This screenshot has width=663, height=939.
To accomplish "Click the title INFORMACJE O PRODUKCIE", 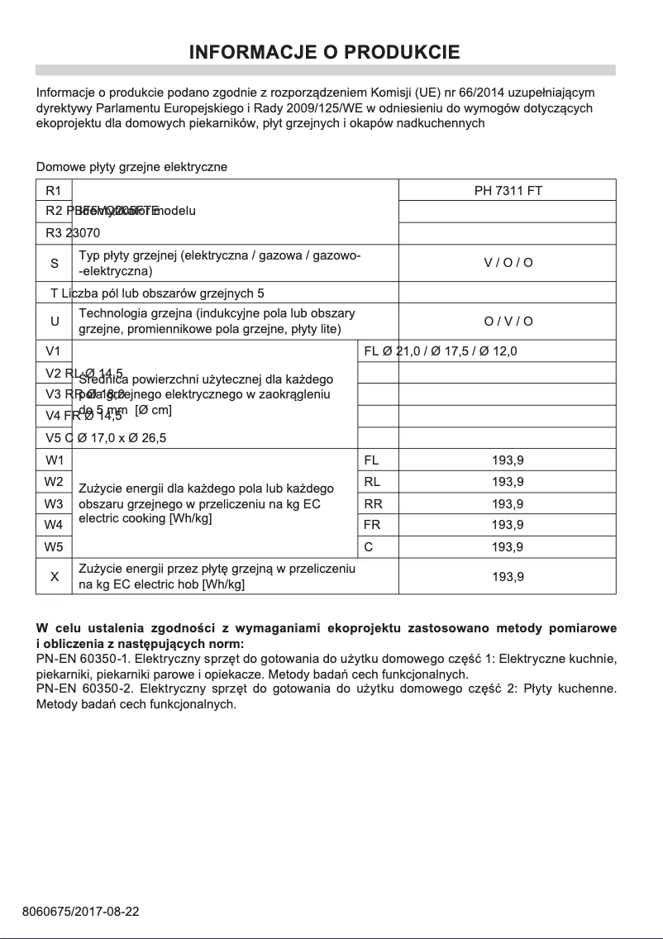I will (x=324, y=53).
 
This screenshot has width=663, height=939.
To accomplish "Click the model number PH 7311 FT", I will (x=508, y=190).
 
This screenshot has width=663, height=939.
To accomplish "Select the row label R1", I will (x=54, y=190).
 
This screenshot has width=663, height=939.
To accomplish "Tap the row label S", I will (x=54, y=263).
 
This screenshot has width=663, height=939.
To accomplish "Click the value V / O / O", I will (x=508, y=263).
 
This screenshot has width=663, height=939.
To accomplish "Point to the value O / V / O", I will (x=508, y=322).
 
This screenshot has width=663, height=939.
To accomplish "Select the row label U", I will (x=54, y=322).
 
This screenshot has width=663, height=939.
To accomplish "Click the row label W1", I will (x=54, y=460).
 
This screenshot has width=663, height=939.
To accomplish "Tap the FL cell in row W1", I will (x=371, y=460).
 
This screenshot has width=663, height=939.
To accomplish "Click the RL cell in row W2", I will (x=372, y=482).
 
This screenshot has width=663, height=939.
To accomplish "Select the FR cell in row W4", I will (x=372, y=525).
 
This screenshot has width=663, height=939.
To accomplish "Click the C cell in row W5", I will (x=368, y=546).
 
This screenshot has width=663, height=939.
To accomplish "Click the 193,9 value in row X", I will (x=508, y=576).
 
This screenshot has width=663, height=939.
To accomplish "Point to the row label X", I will (x=54, y=576).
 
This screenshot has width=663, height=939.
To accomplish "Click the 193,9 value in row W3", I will (x=508, y=503).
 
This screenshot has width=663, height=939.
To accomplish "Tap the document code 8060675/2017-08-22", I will (x=80, y=912).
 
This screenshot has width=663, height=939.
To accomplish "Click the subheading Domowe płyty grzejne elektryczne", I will (x=131, y=167).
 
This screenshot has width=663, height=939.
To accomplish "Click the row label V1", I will (x=54, y=351).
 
